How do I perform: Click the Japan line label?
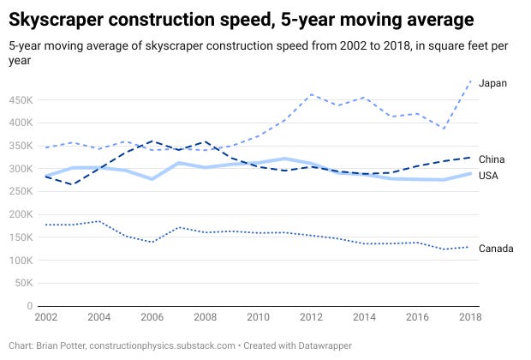point(493,83)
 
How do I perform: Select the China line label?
point(492,159)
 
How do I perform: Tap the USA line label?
point(489,176)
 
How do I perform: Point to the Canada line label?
point(496,249)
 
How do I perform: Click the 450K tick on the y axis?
point(20,99)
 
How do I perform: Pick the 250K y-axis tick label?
point(20,191)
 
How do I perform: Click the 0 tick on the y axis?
point(30,306)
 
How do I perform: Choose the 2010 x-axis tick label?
point(258,317)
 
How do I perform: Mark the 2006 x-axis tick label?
point(152,317)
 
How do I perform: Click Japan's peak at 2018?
point(470,81)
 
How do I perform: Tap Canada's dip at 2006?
point(152,242)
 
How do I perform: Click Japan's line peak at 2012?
point(311,94)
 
